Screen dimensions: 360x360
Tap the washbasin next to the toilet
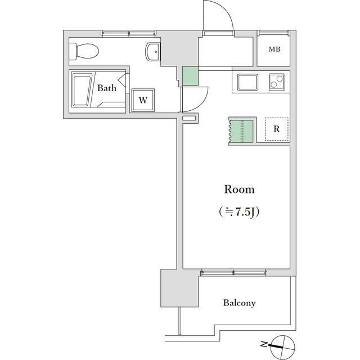pos(152,52)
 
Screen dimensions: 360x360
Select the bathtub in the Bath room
pos(82,90)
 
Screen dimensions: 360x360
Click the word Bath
pos(106,88)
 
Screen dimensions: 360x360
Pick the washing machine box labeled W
pos(143,100)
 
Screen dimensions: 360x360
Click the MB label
pos(274,49)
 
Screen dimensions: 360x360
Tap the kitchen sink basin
pos(248,83)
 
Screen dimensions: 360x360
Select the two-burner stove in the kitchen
pos(276,83)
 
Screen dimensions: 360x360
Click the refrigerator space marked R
pos(276,129)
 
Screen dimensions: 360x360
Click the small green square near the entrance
pos(190,76)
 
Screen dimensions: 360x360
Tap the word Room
pos(240,189)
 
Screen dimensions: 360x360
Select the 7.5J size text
pos(240,213)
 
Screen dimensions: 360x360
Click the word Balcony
pos(239,303)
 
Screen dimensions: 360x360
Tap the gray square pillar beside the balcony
pos(179,287)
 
